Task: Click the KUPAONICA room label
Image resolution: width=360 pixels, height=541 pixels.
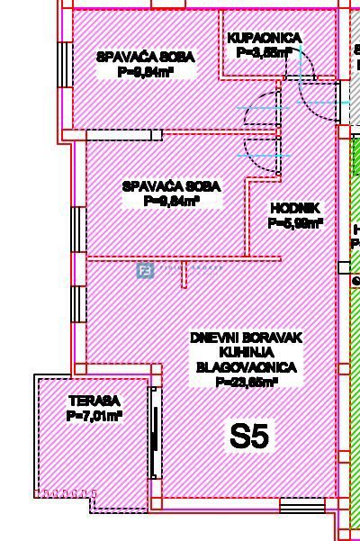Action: coord(264,39)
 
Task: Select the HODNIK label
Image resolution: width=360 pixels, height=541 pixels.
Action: coord(289,209)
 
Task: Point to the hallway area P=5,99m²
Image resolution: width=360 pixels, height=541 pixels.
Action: coord(295,223)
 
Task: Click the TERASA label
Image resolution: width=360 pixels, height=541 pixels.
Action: coord(94,401)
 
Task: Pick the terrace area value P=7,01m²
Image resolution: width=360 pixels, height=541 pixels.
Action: coord(94,416)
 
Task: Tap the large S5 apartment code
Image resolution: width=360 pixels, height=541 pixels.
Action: coord(249,437)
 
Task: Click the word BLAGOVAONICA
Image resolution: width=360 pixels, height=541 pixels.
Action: coord(246,367)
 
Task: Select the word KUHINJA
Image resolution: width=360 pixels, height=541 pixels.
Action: coord(246,352)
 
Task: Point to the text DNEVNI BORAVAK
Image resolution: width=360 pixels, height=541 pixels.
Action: coord(246,338)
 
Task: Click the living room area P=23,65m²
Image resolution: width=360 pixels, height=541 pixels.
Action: coord(246,382)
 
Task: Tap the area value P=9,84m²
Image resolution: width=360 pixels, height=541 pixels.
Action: coord(171,201)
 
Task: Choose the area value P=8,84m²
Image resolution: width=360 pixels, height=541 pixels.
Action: coord(145,71)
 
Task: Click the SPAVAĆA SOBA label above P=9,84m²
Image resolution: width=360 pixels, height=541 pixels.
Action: coord(171,186)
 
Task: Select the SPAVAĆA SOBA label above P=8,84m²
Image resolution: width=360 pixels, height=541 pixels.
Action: coord(145,57)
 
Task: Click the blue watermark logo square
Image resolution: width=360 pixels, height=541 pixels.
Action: coord(144,269)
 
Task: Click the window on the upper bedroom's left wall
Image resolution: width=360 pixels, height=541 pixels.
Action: coord(64,62)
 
